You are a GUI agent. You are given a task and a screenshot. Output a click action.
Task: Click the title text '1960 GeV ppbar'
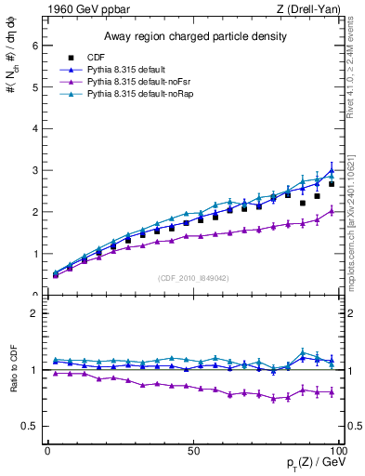[83, 8]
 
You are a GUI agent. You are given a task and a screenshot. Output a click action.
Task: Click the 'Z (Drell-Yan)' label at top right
[311, 8]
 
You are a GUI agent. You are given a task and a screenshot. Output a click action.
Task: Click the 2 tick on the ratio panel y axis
[33, 313]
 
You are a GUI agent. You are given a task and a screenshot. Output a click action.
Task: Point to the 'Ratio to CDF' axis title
[12, 384]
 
